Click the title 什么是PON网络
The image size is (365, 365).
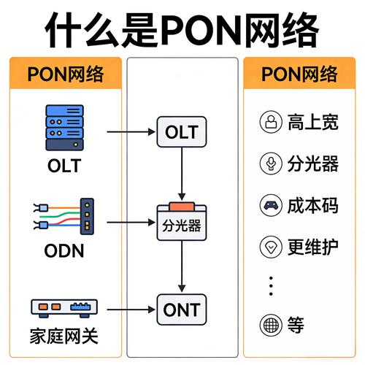[182, 30]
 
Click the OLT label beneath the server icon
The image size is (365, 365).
[64, 166]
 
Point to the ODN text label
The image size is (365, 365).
[64, 252]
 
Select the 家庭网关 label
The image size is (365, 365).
[64, 338]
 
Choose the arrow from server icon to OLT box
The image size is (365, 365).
[132, 133]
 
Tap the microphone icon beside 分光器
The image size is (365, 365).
[272, 163]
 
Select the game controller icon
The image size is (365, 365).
[272, 205]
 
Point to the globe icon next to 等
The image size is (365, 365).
[272, 324]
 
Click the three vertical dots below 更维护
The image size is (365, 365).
[272, 285]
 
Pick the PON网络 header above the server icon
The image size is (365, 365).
[64, 74]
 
